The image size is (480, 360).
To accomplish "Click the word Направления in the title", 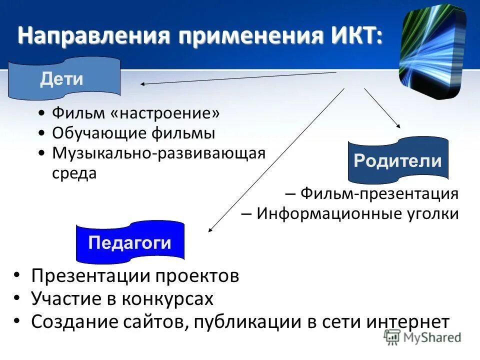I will pyautogui.click(x=94, y=36).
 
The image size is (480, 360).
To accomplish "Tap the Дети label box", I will pyautogui.click(x=63, y=78).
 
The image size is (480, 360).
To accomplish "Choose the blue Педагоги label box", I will pyautogui.click(x=129, y=243).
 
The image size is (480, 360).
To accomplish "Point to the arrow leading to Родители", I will pyautogui.click(x=382, y=108).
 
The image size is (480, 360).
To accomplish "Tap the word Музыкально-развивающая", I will pyautogui.click(x=158, y=153).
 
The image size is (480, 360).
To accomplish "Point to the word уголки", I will pyautogui.click(x=433, y=213).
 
